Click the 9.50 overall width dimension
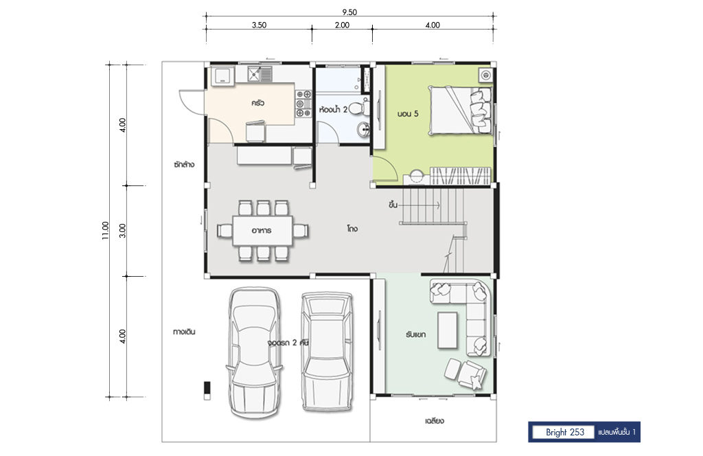point(349,12)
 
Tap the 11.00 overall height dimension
point(106,231)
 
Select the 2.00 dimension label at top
point(342,25)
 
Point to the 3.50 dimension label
point(259,25)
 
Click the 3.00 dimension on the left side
point(123,231)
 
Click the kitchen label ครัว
point(258,103)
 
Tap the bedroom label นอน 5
point(408,114)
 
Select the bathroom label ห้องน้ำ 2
point(333,109)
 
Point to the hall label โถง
point(352,229)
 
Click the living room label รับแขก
point(415,334)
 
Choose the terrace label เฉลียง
point(435,421)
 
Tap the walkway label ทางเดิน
point(184,332)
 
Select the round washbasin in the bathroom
point(364,130)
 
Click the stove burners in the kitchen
point(303,104)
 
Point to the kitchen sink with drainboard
point(260,74)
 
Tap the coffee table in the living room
point(448,330)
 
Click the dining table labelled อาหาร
point(263,231)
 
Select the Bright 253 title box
point(565,432)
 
